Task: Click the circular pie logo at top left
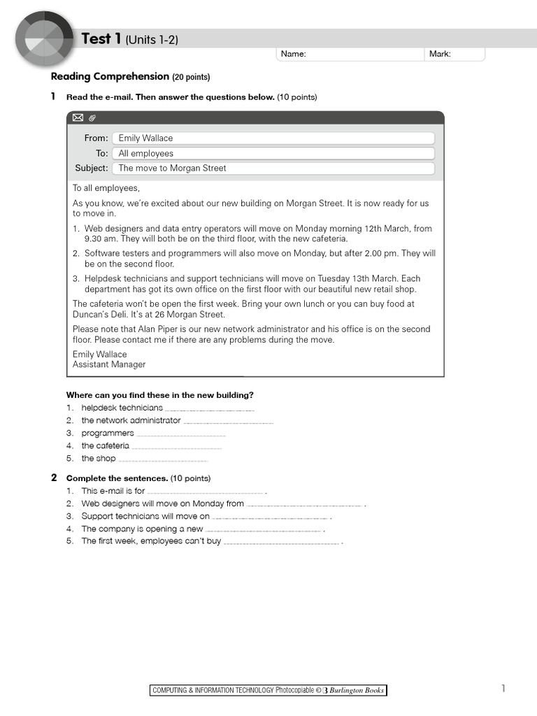43,39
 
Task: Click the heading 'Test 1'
96,39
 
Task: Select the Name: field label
294,54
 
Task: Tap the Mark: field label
440,54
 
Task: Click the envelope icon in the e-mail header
78,117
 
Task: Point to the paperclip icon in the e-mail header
92,117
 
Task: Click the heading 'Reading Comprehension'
110,76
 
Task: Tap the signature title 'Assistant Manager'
109,364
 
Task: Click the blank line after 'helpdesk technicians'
210,409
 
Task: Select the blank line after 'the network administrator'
228,422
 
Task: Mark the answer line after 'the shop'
164,459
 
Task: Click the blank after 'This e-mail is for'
206,492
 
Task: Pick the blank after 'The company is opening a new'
264,530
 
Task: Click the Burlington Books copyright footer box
268,690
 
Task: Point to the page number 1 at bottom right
503,689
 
